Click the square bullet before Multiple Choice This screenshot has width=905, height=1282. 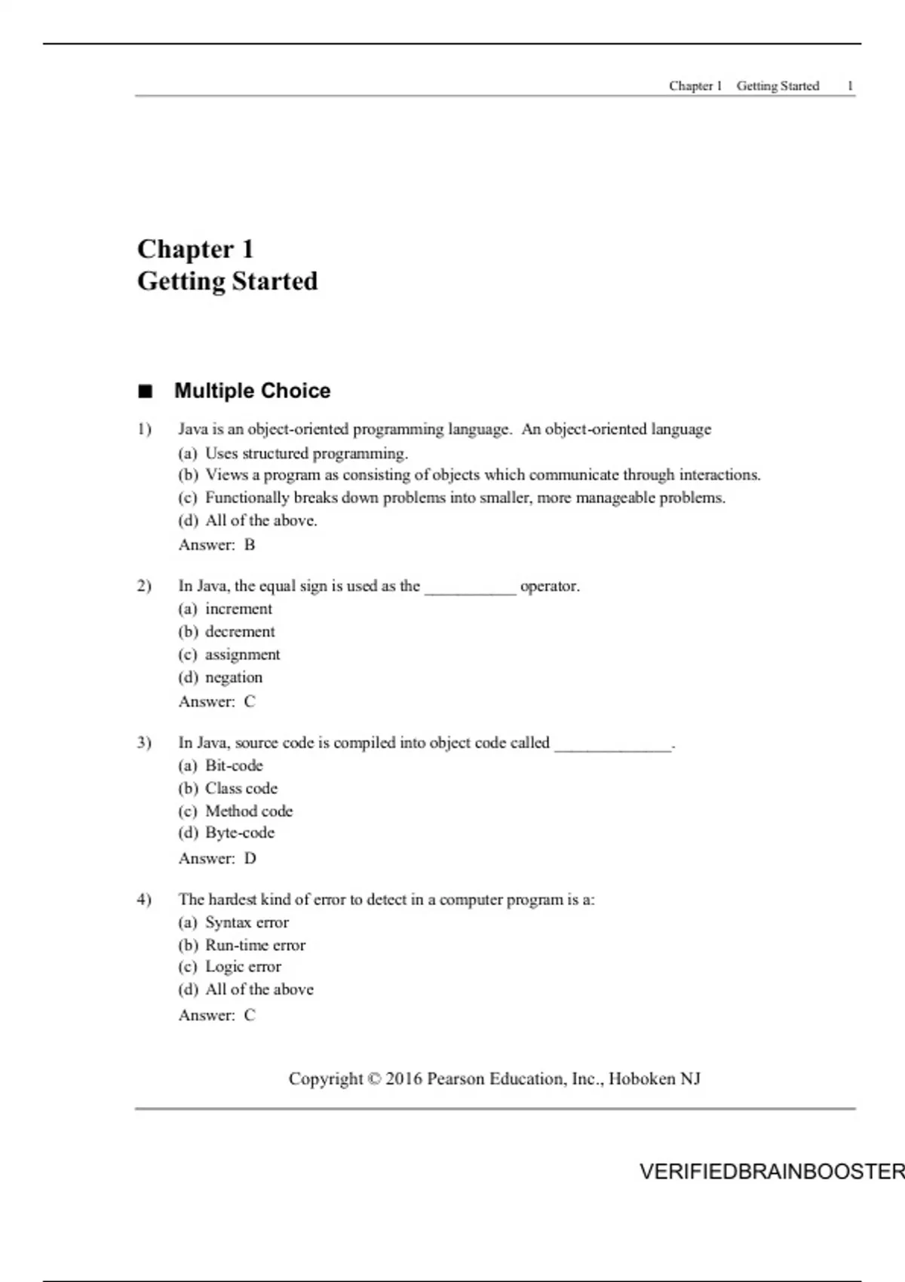(x=145, y=391)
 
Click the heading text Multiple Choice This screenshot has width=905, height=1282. (x=252, y=391)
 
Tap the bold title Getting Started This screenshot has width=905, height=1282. (x=227, y=281)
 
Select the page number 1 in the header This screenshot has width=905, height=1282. (x=850, y=86)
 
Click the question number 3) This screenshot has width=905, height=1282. (x=144, y=743)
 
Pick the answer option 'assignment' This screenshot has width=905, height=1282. (x=242, y=655)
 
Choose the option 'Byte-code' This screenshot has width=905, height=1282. (x=240, y=833)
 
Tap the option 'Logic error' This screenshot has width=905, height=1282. (x=243, y=967)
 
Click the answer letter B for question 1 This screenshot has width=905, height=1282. (x=250, y=545)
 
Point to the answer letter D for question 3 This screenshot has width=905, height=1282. (x=250, y=859)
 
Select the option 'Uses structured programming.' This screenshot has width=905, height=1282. (x=306, y=453)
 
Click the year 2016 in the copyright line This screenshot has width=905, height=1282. (x=403, y=1079)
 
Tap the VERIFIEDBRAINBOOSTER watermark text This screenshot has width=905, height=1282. (x=772, y=1172)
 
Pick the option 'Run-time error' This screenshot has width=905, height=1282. (x=255, y=945)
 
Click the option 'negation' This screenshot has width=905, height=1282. (x=234, y=677)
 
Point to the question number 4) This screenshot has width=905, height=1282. (x=144, y=900)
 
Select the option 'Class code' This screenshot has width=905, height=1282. (x=241, y=788)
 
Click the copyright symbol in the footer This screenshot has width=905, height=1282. (x=374, y=1079)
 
